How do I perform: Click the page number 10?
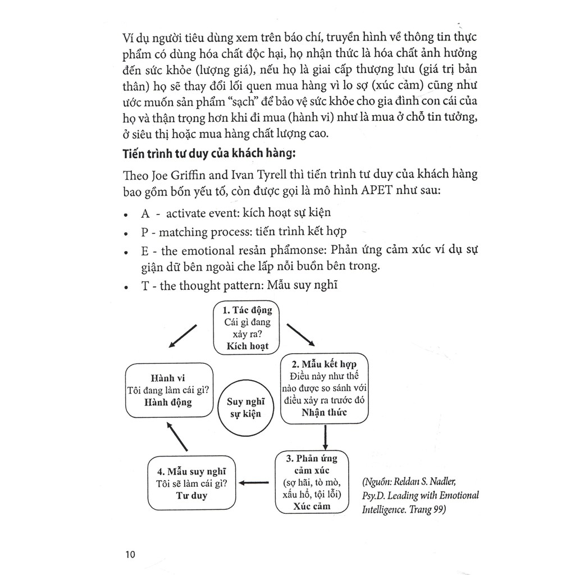[x=130, y=555]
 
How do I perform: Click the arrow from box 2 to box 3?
[x=325, y=436]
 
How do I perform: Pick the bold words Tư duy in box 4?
[x=191, y=495]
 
